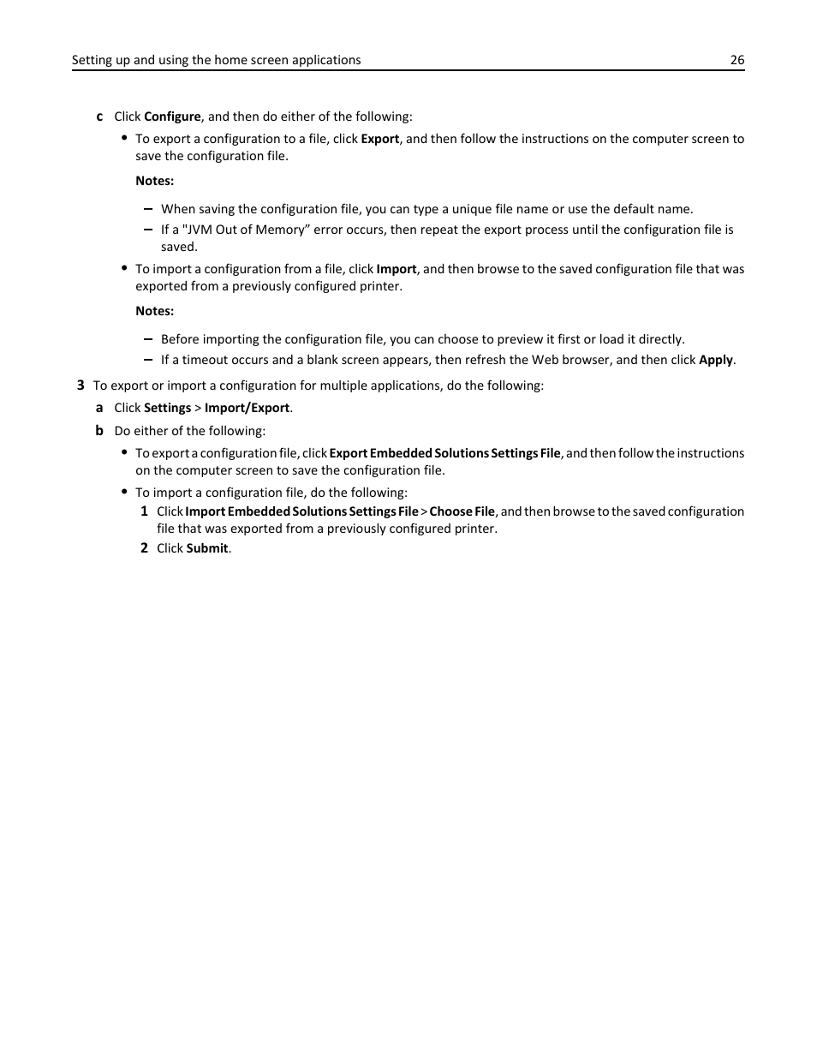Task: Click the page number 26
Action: [736, 60]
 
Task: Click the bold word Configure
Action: [172, 117]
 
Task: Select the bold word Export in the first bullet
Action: [379, 139]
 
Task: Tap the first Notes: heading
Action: [154, 181]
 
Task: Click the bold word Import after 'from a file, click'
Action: [396, 269]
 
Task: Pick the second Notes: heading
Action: [154, 311]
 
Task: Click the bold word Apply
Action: [715, 360]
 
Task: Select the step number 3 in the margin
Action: [81, 386]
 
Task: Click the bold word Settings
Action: [167, 408]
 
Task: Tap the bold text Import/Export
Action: [247, 408]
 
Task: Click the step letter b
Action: [99, 431]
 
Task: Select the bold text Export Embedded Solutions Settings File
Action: [444, 453]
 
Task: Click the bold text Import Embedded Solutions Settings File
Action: [301, 511]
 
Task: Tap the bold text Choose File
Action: [462, 511]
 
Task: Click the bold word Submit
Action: [207, 548]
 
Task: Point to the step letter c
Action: [99, 117]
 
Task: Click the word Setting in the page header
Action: [90, 60]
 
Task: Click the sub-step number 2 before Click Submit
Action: [145, 548]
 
